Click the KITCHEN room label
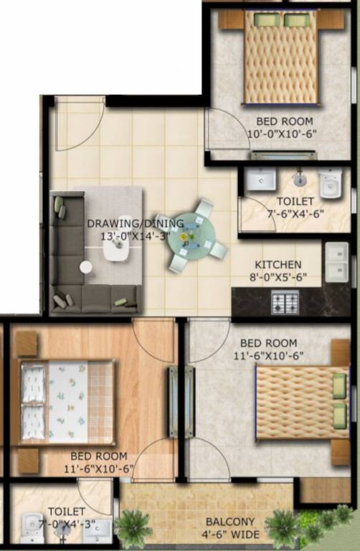(273, 264)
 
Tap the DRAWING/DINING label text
(136, 222)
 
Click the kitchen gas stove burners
(285, 302)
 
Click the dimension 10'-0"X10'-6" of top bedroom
(282, 133)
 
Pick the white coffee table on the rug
(116, 248)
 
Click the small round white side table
(86, 267)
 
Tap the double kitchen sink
(336, 262)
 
